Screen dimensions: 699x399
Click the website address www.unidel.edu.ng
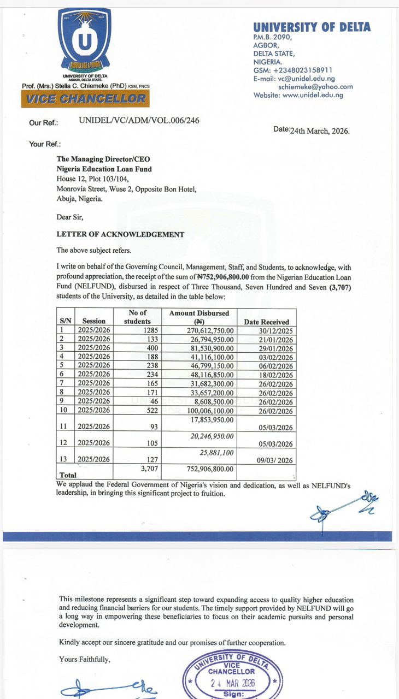313,95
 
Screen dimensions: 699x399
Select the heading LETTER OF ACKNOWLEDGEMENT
121,234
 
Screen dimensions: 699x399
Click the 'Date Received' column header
266,322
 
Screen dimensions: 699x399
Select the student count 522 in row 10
143,410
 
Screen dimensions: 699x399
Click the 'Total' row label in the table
68,475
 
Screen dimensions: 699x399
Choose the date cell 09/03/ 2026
275,460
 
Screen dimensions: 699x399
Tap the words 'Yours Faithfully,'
85,659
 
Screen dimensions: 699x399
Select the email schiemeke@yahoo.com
315,87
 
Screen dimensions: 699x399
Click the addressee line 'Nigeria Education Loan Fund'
104,169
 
